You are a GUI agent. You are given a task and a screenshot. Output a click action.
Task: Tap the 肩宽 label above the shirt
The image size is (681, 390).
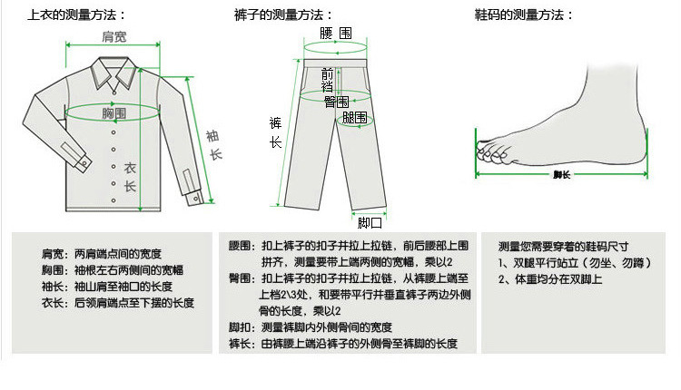pos(114,36)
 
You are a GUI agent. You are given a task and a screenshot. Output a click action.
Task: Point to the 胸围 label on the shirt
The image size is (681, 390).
pos(113,113)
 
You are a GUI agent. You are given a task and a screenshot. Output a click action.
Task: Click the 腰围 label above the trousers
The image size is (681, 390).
pos(336,33)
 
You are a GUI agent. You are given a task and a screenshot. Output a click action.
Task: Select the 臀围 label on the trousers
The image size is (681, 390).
pos(337,102)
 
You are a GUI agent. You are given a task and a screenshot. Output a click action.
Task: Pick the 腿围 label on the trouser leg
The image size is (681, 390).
pos(354,118)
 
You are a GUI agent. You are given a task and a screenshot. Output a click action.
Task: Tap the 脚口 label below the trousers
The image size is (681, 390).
pos(370,223)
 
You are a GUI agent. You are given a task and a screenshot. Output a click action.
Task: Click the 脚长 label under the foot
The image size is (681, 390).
pos(561,174)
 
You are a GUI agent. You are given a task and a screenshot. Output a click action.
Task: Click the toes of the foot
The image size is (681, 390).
pos(493,151)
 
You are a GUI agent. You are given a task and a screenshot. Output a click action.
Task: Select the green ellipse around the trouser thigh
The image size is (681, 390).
pos(355,120)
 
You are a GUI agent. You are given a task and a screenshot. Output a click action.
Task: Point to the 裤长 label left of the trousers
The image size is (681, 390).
pos(275,132)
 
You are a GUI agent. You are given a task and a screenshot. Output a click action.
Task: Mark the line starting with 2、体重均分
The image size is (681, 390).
pos(550,279)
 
